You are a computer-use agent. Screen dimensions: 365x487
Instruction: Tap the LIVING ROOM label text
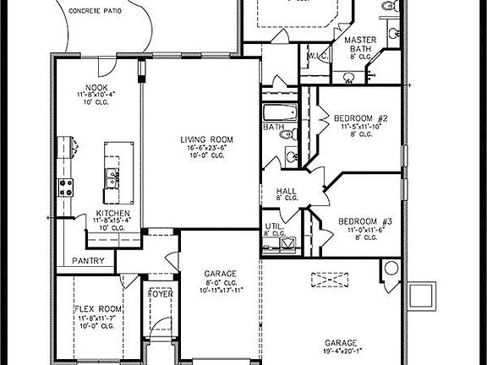click(205, 139)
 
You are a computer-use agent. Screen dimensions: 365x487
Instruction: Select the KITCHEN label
click(112, 213)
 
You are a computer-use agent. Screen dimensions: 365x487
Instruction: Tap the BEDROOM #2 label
click(360, 117)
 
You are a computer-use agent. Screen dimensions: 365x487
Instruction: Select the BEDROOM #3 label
click(362, 221)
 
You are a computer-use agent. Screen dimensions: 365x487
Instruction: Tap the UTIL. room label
click(273, 226)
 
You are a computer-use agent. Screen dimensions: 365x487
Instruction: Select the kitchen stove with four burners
click(64, 188)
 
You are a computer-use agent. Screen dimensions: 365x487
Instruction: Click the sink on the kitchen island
click(110, 177)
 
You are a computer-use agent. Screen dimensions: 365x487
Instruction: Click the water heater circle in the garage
click(391, 269)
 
